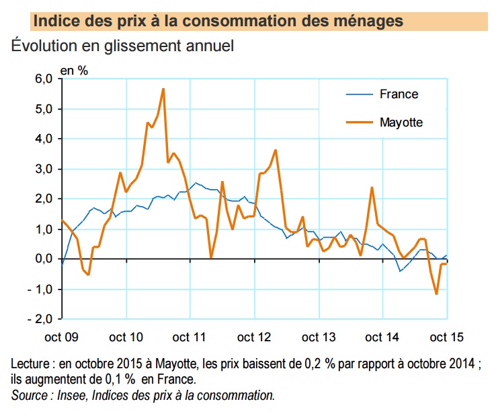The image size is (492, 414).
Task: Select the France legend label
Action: coord(399,94)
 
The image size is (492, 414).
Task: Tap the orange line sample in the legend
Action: coord(359,122)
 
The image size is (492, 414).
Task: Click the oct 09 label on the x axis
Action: coord(63,337)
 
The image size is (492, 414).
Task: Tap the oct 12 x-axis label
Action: coord(255,337)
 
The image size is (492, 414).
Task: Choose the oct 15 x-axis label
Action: coord(446,337)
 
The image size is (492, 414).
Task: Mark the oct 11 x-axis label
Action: coord(191,337)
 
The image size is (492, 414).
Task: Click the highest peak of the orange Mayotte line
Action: coord(163,89)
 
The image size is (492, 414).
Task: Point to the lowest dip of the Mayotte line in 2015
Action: coord(436,294)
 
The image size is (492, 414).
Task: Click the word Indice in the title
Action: coord(56,21)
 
